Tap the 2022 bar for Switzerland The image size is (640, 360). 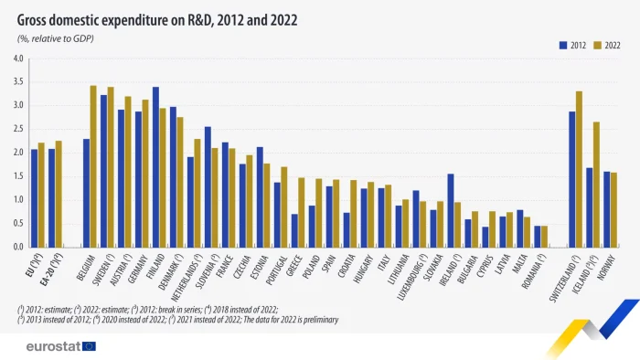(x=580, y=169)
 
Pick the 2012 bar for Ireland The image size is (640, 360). (x=450, y=210)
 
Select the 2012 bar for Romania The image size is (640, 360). (x=538, y=236)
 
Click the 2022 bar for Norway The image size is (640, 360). (x=613, y=209)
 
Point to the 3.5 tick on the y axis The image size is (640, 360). (x=18, y=82)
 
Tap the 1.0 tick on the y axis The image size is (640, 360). (x=18, y=200)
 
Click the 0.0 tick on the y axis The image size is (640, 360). (x=18, y=247)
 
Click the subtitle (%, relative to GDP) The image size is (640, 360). (x=56, y=38)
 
